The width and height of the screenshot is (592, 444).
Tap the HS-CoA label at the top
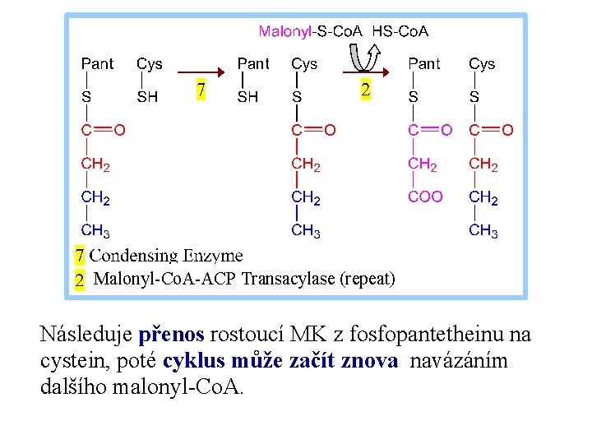click(x=400, y=32)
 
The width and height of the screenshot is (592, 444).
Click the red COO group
click(x=425, y=197)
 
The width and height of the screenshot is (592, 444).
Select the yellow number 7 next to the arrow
click(x=199, y=90)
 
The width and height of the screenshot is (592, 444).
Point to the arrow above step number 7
click(x=201, y=72)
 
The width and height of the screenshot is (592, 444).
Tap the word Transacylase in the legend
click(x=288, y=279)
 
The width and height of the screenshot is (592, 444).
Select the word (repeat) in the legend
click(x=368, y=279)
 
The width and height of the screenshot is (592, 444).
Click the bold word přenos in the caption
click(x=173, y=335)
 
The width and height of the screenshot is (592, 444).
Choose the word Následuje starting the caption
click(x=86, y=335)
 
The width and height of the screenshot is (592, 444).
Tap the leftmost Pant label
click(x=97, y=64)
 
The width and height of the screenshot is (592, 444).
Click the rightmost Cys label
click(x=482, y=64)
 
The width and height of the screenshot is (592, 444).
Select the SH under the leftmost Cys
click(x=148, y=97)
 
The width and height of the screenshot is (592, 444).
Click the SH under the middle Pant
click(x=247, y=97)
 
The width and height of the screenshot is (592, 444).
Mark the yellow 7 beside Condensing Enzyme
click(x=80, y=256)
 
